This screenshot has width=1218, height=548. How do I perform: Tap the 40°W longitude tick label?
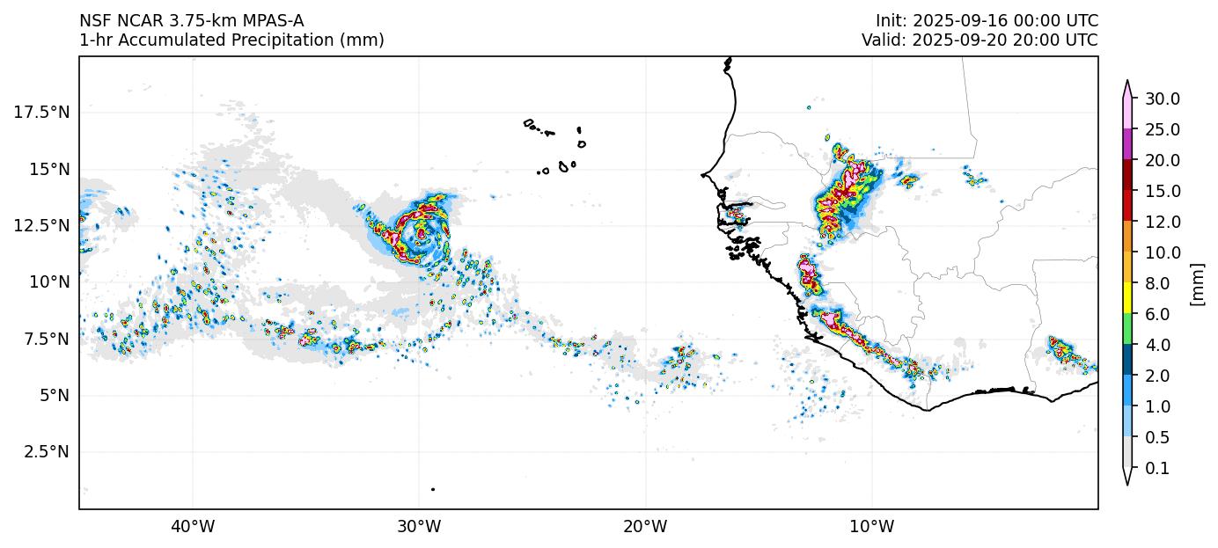coord(192,527)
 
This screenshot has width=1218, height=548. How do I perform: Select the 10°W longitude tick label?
coord(871,527)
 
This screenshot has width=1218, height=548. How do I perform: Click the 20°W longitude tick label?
coord(645,527)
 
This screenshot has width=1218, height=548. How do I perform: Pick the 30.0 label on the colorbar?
coord(1162,99)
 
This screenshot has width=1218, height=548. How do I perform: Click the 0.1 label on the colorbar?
coord(1158,469)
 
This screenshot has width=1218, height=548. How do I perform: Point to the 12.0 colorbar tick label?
coord(1162,222)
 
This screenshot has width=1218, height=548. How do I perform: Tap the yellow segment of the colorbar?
coord(1127,299)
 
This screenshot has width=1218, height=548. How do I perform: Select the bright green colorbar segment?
coord(1127,330)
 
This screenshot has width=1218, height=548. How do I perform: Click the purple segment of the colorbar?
coord(1127,144)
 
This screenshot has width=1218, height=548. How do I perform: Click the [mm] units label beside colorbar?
coord(1196,284)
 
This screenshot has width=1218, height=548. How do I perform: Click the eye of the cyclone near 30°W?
coord(422,234)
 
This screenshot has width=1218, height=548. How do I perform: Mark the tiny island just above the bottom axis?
coord(433,489)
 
